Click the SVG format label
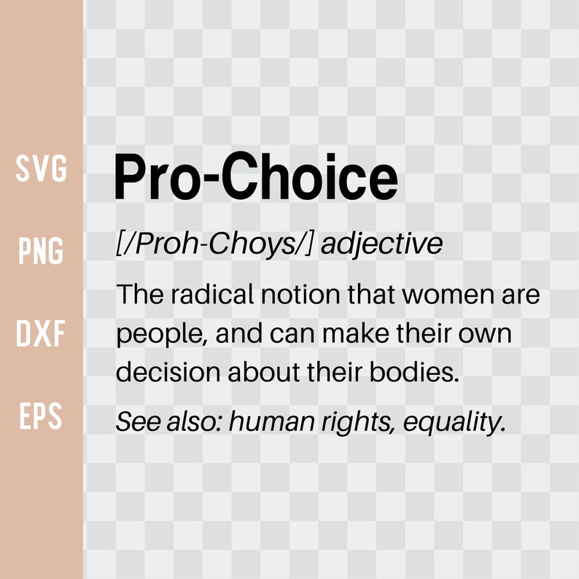click(x=42, y=169)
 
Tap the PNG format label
click(x=42, y=252)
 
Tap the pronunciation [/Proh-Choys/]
click(x=214, y=244)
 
